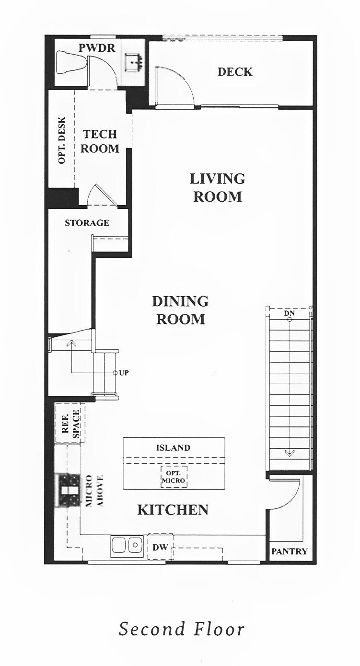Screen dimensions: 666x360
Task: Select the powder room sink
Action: [x=133, y=62]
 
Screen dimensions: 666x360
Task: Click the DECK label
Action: [x=235, y=72]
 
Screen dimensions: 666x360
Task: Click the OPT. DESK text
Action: [x=62, y=140]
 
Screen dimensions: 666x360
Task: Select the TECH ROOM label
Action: [x=100, y=141]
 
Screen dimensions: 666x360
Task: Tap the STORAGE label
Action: [x=87, y=223]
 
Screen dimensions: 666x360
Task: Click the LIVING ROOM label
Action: [x=217, y=187]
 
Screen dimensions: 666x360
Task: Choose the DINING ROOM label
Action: [x=180, y=310]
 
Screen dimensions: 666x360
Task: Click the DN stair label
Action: [x=289, y=313]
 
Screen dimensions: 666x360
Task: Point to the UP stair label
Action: [x=124, y=373]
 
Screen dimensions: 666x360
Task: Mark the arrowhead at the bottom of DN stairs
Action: [x=290, y=452]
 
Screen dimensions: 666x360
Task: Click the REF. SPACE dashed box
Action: [x=70, y=423]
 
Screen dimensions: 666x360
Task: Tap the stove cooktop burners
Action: [x=68, y=490]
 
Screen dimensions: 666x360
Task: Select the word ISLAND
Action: [x=173, y=448]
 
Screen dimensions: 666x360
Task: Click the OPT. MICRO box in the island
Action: [x=173, y=476]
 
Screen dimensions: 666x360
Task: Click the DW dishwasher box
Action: [x=160, y=546]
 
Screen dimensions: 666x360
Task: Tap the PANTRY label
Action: [x=290, y=551]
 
